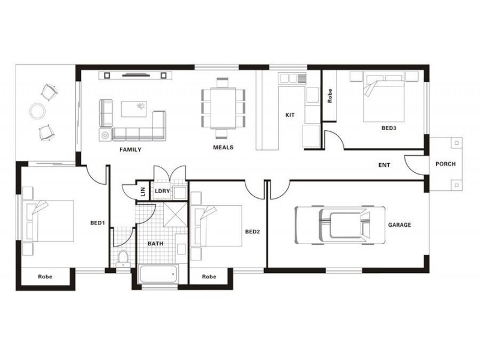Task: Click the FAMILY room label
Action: click(x=130, y=149)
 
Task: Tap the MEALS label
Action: click(x=223, y=147)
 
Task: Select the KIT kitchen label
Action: click(x=290, y=115)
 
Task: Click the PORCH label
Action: click(x=445, y=164)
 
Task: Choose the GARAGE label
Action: click(x=399, y=225)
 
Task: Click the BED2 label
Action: click(x=252, y=231)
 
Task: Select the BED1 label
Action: click(x=98, y=223)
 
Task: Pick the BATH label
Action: click(x=155, y=244)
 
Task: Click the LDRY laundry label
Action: click(x=162, y=191)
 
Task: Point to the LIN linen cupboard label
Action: click(x=143, y=192)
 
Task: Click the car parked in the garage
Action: click(x=340, y=225)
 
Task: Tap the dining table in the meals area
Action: click(x=223, y=109)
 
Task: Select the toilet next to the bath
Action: click(x=123, y=258)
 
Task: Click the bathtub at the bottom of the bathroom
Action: click(x=158, y=275)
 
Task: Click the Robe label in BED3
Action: click(x=330, y=97)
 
